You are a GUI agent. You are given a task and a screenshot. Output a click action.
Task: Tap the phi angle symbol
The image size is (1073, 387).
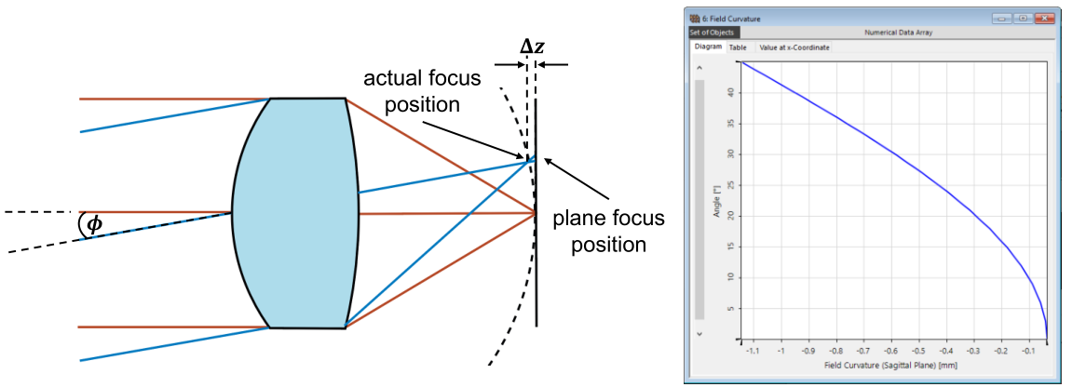coord(89,224)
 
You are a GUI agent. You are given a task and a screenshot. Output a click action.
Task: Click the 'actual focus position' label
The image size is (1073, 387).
coord(421,91)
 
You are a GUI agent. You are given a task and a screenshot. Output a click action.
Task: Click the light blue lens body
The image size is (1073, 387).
coord(294,213)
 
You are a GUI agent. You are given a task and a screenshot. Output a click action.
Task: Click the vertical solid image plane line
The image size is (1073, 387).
coord(536,212)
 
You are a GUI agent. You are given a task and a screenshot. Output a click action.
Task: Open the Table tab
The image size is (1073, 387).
coord(738,47)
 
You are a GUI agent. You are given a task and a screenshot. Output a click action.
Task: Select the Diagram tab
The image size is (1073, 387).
coord(708,47)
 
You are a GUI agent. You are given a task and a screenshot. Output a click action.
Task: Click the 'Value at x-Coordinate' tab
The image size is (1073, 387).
coord(795,47)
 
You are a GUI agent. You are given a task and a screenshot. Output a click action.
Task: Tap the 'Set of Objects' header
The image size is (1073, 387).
coord(713,33)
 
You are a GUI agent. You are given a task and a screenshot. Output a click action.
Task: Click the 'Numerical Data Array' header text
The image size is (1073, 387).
coord(898,33)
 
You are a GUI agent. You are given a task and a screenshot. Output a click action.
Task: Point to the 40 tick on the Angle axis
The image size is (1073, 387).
coord(730,92)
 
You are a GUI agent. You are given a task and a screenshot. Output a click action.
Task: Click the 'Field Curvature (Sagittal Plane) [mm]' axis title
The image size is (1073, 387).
coord(892,365)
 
